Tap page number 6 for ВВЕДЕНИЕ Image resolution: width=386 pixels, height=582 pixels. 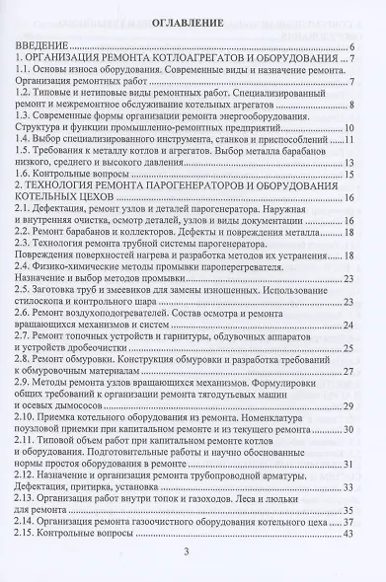pyautogui.click(x=352, y=46)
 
